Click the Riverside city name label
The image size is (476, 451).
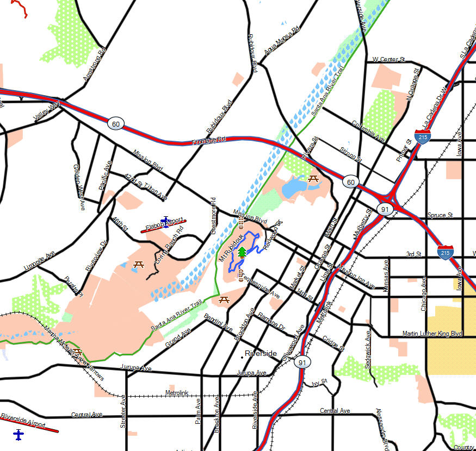pos(261,353)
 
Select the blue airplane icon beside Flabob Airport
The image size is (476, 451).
pos(165,221)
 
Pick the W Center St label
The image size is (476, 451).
pos(388,59)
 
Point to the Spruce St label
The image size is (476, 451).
pos(440,215)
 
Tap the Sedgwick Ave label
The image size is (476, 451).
pos(368,349)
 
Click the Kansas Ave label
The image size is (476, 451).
pos(386,274)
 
